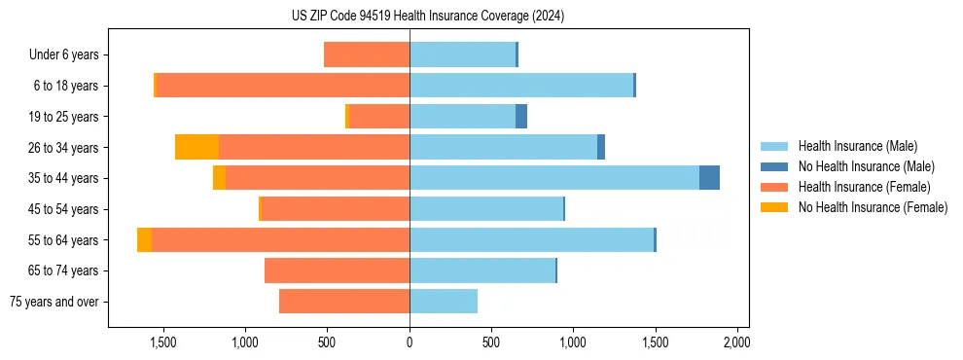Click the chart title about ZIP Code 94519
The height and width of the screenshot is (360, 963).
[x=427, y=16]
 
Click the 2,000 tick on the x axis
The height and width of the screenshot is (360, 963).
[x=736, y=342]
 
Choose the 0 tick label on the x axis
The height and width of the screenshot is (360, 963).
[x=410, y=342]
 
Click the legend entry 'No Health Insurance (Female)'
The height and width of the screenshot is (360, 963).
[x=873, y=207]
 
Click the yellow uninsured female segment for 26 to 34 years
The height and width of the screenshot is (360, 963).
[x=196, y=147]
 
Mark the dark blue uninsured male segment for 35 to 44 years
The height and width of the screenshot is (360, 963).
[x=709, y=178]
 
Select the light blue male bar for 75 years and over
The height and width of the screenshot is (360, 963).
[x=444, y=302]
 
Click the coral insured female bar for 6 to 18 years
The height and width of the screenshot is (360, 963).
[x=282, y=86]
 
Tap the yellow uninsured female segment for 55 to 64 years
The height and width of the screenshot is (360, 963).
[x=144, y=239]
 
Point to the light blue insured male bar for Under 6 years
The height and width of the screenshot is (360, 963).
[x=462, y=54]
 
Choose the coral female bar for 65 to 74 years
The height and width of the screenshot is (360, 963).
[x=337, y=270]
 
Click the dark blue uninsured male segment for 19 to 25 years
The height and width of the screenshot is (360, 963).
[x=521, y=117]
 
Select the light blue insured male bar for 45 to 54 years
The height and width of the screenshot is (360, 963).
[x=486, y=209]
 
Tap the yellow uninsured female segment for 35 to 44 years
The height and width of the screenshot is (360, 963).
[x=219, y=178]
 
